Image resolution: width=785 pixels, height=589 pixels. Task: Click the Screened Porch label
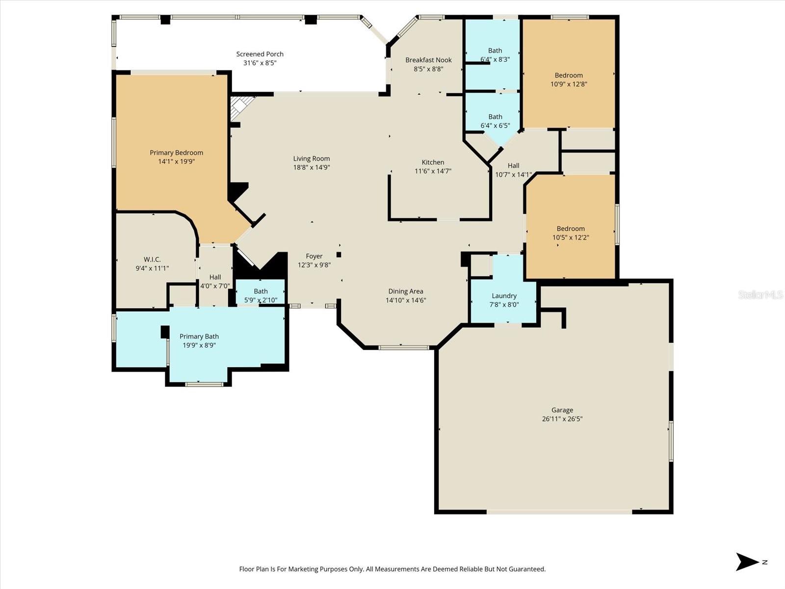coord(260,54)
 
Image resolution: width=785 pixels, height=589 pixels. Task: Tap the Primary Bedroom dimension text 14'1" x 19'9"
coord(177,161)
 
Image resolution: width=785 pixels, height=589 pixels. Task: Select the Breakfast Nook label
coord(428,60)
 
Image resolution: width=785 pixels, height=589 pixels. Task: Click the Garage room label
coord(562,410)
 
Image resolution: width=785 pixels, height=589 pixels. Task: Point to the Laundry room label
coord(504,295)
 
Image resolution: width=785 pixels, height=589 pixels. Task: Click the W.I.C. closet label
coord(152,259)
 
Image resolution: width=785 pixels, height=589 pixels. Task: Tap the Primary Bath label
coord(199,336)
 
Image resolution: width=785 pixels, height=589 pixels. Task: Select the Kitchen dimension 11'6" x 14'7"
coord(433,171)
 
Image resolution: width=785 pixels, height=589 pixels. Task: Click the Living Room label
coord(311,159)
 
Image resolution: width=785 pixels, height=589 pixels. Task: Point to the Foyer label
coord(314,256)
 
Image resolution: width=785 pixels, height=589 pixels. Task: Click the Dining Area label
coord(405,291)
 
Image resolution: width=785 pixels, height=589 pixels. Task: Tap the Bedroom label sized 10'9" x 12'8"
coord(569,75)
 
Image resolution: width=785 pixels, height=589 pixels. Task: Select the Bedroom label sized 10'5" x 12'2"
coord(571,228)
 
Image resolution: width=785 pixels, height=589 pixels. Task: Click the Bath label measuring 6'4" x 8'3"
coord(495,50)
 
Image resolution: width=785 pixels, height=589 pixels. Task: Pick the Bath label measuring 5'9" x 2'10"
coord(261,291)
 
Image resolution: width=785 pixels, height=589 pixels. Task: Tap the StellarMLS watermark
coord(760,294)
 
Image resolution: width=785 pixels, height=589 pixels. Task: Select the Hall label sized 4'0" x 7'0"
coord(215,277)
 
